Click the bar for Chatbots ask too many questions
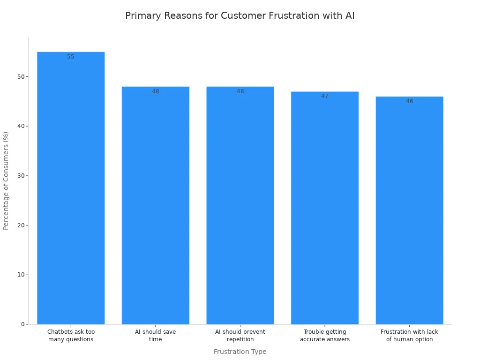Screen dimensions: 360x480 (71, 187)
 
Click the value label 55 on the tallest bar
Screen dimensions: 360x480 (71, 57)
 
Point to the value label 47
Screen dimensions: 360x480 (325, 96)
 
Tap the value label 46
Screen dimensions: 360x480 (409, 101)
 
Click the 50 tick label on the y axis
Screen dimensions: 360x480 (20, 77)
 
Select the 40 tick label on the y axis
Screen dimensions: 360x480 (20, 126)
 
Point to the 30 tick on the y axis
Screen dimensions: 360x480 (20, 176)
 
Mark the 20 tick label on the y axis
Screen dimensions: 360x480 (20, 225)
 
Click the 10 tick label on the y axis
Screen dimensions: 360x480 (20, 275)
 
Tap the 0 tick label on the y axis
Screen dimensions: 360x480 (22, 324)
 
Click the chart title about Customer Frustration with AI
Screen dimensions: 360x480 (240, 15)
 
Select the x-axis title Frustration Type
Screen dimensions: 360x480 (240, 352)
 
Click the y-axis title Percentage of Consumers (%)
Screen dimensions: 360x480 (6, 180)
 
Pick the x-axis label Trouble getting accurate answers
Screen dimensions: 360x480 (325, 336)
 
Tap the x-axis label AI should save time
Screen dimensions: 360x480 (155, 336)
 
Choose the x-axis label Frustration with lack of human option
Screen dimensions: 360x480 (409, 336)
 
